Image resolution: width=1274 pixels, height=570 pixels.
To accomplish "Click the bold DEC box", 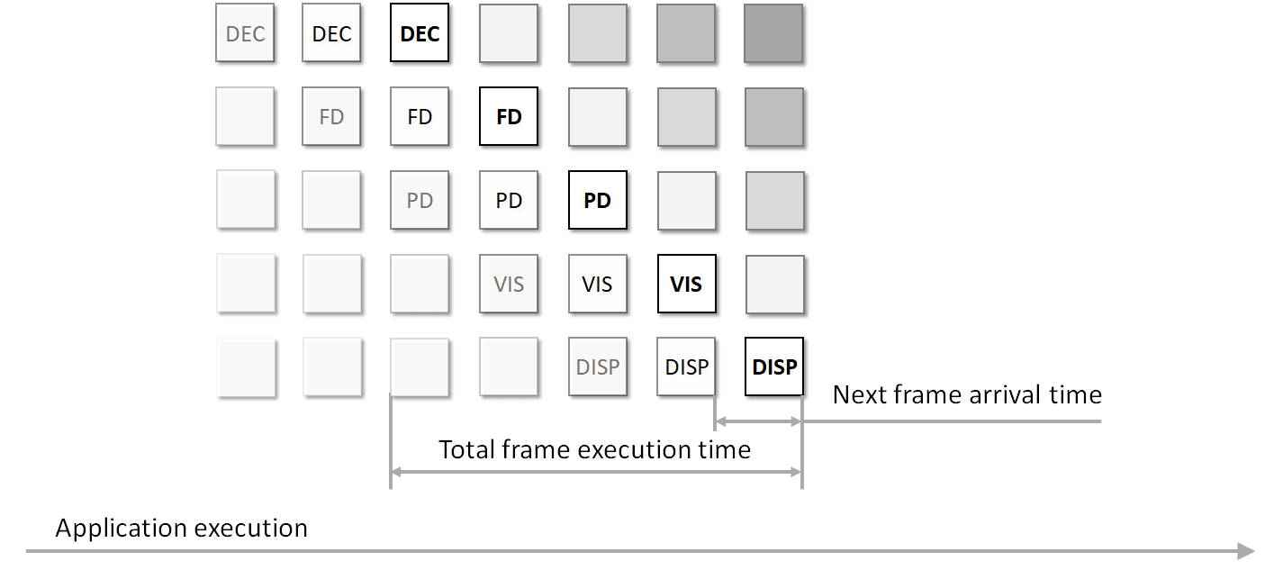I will pyautogui.click(x=420, y=33).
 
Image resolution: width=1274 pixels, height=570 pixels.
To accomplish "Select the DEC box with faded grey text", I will pyautogui.click(x=245, y=33).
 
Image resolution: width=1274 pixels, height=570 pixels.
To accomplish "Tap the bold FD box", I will pyautogui.click(x=509, y=117).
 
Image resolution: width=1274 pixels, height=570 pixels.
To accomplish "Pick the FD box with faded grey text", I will pyautogui.click(x=331, y=117).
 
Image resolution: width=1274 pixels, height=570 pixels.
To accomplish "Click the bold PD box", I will pyautogui.click(x=597, y=201).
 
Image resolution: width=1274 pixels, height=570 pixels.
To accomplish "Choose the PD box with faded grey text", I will pyautogui.click(x=420, y=201).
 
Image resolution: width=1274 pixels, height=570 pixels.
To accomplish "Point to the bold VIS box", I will pyautogui.click(x=686, y=285).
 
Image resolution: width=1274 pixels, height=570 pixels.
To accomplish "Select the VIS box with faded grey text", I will pyautogui.click(x=509, y=285).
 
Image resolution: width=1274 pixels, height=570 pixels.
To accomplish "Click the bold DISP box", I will pyautogui.click(x=774, y=367).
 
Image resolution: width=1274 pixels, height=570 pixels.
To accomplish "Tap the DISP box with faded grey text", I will pyautogui.click(x=597, y=367).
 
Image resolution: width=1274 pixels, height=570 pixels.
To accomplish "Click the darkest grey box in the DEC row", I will pyautogui.click(x=774, y=33).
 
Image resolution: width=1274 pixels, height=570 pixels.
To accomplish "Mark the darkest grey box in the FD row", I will pyautogui.click(x=774, y=117).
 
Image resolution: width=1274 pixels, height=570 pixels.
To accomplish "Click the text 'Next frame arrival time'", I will pyautogui.click(x=966, y=394).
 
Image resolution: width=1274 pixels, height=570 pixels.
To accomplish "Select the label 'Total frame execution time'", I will pyautogui.click(x=594, y=449).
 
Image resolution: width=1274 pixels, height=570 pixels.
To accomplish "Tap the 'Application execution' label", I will pyautogui.click(x=181, y=528).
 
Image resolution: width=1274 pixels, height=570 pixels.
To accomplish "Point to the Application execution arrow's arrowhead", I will pyautogui.click(x=1247, y=550).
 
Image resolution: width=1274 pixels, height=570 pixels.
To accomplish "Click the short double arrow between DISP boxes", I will pyautogui.click(x=757, y=421).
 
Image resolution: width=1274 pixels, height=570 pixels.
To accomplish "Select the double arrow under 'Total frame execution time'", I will pyautogui.click(x=595, y=471).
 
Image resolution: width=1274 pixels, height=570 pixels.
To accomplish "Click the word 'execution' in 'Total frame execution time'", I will pyautogui.click(x=639, y=449).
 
